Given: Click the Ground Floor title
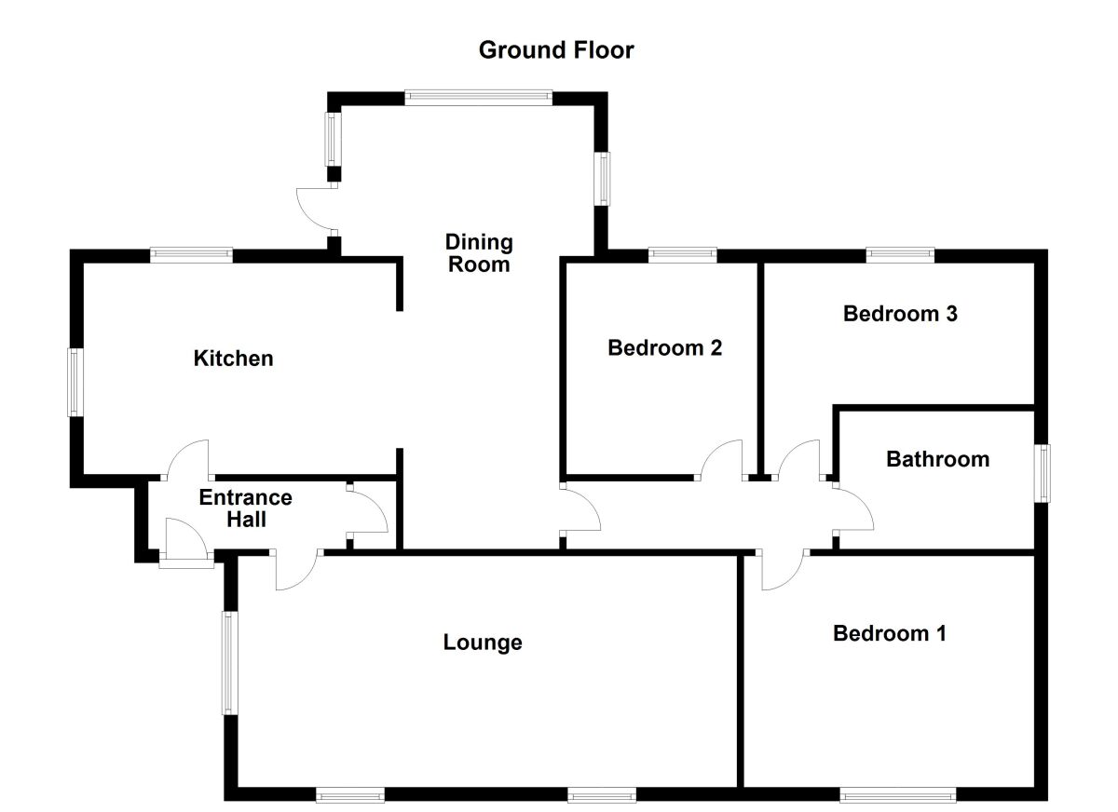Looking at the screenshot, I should point(556,50).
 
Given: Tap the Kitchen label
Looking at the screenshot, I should point(233,358).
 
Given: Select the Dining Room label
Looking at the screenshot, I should point(479,253).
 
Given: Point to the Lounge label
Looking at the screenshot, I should point(483,642).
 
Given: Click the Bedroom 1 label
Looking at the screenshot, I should point(890,633).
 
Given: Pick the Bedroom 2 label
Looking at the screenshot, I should point(664,347).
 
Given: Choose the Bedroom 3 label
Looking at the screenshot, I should point(900,313).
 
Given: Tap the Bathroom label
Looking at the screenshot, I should point(937,459).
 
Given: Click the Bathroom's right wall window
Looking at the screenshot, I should point(1044,473).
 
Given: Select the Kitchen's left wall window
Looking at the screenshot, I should point(72,382).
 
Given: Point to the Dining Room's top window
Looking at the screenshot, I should point(479,97).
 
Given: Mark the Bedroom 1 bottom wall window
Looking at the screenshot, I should point(897,795).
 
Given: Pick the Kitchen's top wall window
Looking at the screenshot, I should point(192,253).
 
